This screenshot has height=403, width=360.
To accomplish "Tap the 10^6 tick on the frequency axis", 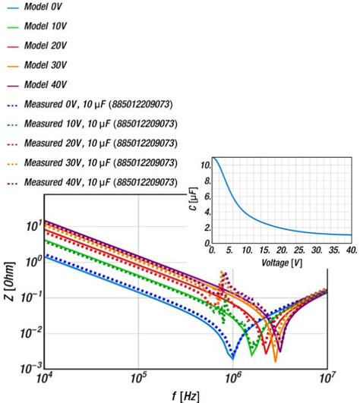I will tap(233, 378).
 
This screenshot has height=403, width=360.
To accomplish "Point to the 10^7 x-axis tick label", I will tap(327, 378).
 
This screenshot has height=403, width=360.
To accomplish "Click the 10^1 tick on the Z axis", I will tap(30, 225).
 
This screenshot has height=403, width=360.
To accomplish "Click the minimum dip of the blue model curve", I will tap(233, 357).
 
